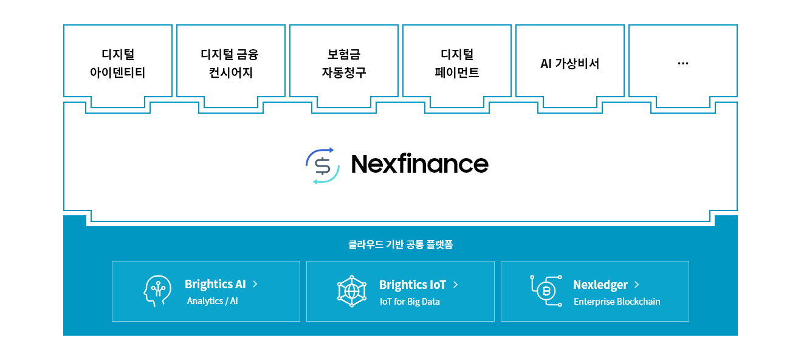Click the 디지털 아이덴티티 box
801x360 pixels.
tap(117, 63)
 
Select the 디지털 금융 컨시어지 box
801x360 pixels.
tap(230, 63)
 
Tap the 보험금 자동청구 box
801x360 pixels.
tap(343, 63)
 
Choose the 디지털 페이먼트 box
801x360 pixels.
tap(456, 63)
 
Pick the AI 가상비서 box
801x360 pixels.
tap(569, 63)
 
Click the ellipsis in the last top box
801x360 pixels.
tap(682, 63)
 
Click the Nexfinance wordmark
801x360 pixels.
tap(419, 164)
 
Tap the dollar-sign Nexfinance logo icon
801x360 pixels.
tap(321, 165)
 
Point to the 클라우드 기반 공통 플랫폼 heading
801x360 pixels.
tap(400, 244)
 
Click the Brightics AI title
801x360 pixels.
tap(215, 284)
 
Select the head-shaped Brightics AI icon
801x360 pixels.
tap(157, 291)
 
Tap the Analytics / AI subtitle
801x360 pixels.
tap(212, 301)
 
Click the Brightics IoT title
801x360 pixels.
tap(413, 285)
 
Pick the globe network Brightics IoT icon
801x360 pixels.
tap(352, 291)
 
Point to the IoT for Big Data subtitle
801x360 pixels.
tap(410, 302)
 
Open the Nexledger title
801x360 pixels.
tap(600, 285)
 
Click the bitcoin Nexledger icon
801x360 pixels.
tap(546, 291)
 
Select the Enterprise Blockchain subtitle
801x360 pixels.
tap(617, 302)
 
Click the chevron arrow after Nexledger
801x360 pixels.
tap(636, 284)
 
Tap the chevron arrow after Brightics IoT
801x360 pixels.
tap(456, 284)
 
